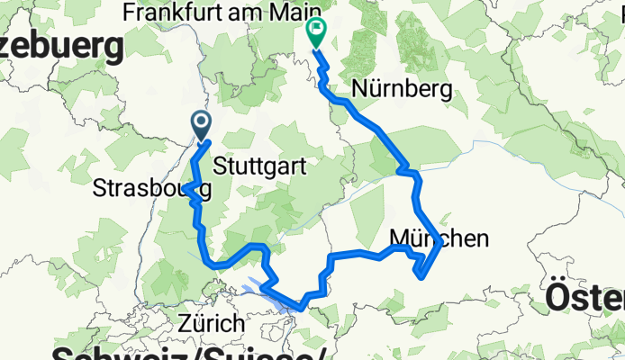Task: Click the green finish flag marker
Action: tap(317, 32)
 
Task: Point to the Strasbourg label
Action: tap(152, 189)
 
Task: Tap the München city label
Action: tap(440, 238)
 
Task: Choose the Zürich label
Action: tap(211, 323)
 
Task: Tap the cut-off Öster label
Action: tap(585, 297)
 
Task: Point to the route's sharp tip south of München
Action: tap(421, 276)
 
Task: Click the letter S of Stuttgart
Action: tap(221, 166)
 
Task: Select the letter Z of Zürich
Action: tap(186, 323)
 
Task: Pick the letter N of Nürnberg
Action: tap(360, 90)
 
